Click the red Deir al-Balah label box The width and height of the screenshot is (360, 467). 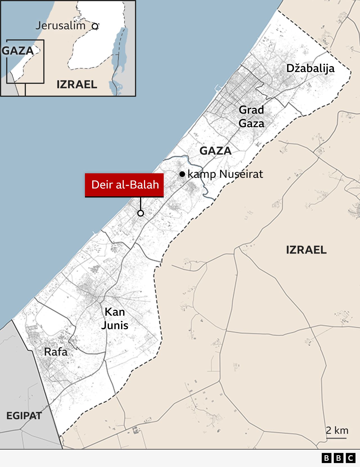(x=124, y=185)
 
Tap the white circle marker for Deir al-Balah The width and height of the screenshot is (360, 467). (x=141, y=213)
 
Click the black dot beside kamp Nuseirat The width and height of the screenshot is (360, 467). (x=182, y=174)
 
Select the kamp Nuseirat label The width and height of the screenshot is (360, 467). (x=225, y=174)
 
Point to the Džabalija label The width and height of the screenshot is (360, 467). (x=310, y=68)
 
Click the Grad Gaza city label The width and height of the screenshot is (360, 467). (x=251, y=116)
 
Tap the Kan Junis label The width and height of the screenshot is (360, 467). (x=115, y=318)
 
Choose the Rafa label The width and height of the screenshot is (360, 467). (x=56, y=352)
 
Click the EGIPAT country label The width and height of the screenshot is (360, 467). (x=24, y=416)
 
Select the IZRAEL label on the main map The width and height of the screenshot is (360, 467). (x=306, y=250)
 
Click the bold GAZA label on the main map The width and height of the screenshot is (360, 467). (x=215, y=151)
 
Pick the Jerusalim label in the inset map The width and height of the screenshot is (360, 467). (x=60, y=26)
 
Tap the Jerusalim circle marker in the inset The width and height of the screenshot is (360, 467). (x=95, y=26)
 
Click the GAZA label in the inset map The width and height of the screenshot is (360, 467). (x=18, y=51)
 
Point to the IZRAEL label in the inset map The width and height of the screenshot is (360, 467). (x=77, y=84)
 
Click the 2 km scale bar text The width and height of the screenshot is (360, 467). (x=337, y=430)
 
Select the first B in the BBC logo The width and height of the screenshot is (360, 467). (x=326, y=458)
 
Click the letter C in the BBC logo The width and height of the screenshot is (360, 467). (x=350, y=458)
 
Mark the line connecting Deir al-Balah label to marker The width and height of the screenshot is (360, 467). (x=141, y=204)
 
